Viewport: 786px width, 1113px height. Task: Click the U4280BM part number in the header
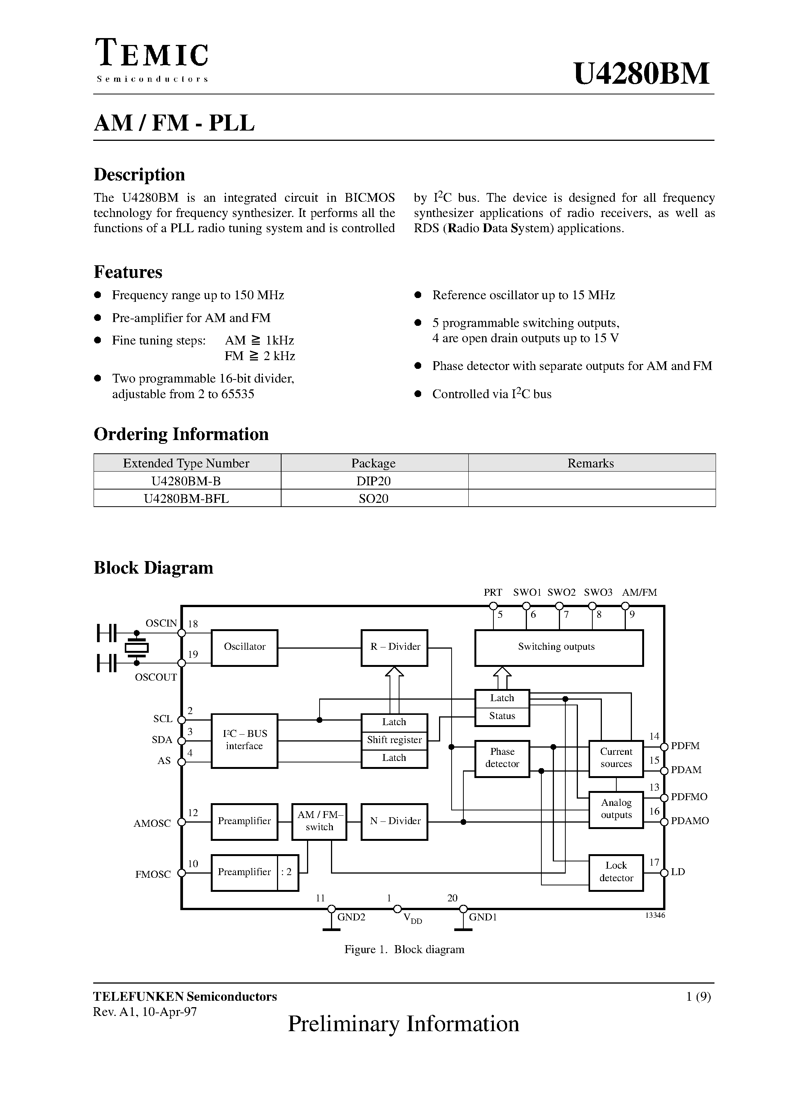[641, 74]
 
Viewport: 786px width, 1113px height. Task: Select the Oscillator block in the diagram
[244, 647]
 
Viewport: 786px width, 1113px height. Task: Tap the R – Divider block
[395, 647]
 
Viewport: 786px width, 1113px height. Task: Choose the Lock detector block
[616, 872]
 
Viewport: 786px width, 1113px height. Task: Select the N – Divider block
[395, 822]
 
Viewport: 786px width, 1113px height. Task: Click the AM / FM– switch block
[319, 822]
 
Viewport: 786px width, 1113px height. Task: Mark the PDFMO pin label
[689, 797]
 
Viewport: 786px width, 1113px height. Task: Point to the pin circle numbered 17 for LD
[664, 872]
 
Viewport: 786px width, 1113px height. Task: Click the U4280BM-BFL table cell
[186, 498]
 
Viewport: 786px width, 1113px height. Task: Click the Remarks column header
[591, 463]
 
